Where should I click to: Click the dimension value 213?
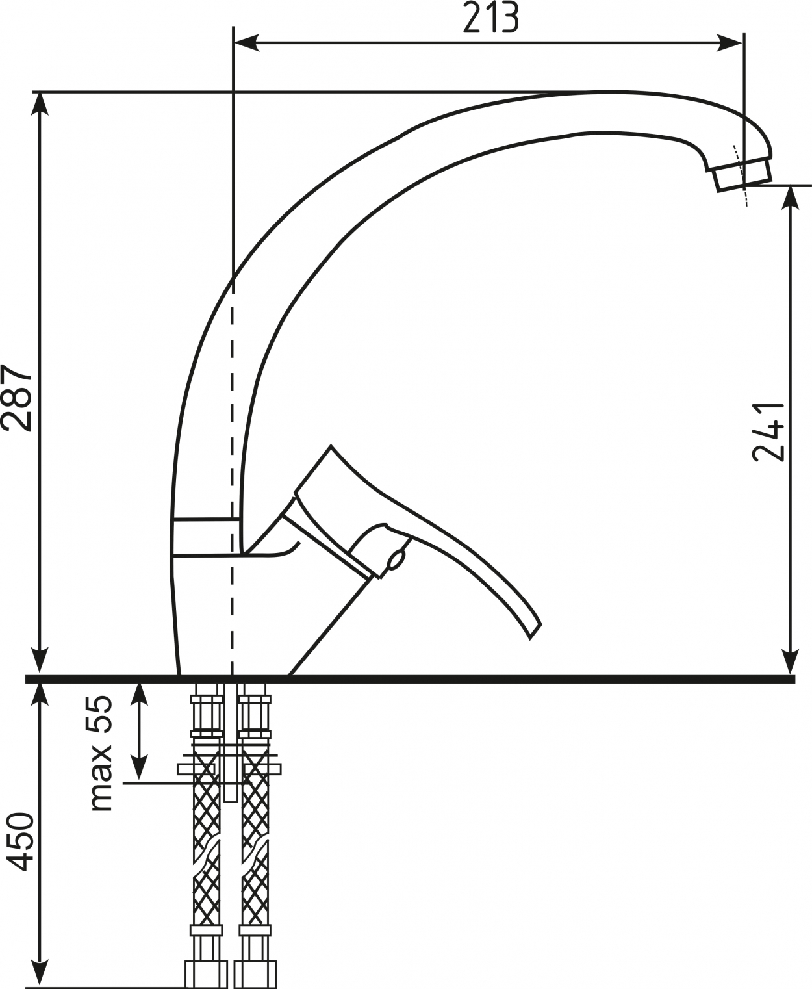491,18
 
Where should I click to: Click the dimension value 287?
17,398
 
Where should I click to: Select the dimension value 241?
768,432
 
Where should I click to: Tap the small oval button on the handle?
396,559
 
